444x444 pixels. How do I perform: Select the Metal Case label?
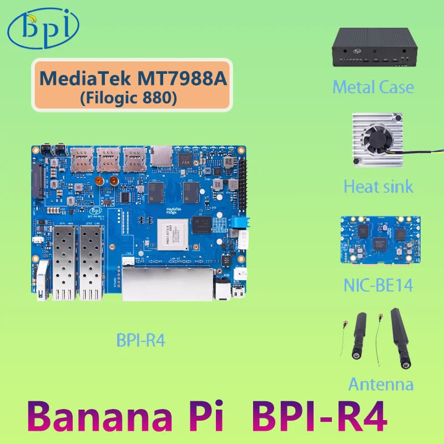coord(374,87)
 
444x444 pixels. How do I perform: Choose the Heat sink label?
coord(378,186)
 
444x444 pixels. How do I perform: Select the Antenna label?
coord(381,384)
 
